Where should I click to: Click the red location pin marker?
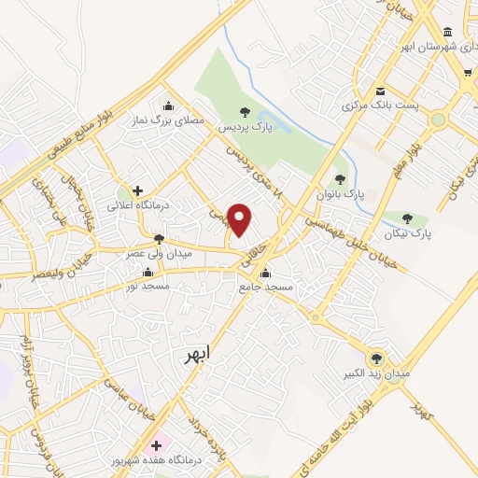click(240, 219)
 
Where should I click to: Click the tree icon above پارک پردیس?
click(246, 111)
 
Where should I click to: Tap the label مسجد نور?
click(149, 285)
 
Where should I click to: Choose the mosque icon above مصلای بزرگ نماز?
click(167, 105)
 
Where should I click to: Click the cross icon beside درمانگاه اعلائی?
click(137, 190)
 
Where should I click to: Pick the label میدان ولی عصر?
click(160, 253)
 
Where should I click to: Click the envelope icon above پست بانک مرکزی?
click(381, 91)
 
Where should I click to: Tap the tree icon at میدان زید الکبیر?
click(377, 358)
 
